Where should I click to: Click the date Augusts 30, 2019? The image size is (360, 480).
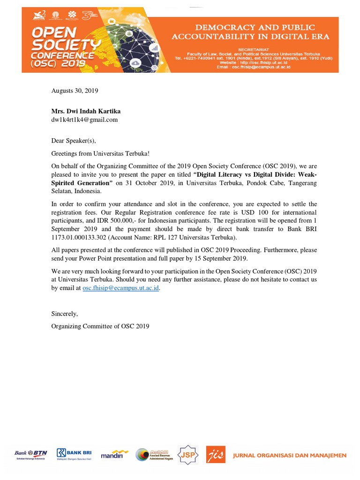(75, 91)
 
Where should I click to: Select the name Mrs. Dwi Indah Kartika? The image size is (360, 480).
(86, 111)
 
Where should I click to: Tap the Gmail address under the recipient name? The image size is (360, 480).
(84, 120)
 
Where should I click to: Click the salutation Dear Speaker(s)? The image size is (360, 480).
(73, 140)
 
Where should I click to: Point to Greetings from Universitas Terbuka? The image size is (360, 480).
(100, 153)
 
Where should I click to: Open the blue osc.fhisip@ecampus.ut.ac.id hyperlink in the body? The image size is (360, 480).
(121, 289)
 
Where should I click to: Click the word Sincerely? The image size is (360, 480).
(65, 314)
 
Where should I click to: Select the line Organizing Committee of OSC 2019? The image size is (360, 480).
(100, 326)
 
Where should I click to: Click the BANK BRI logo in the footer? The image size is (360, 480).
(74, 454)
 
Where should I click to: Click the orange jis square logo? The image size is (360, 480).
(216, 455)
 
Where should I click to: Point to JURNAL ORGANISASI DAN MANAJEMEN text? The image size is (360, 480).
(290, 455)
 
